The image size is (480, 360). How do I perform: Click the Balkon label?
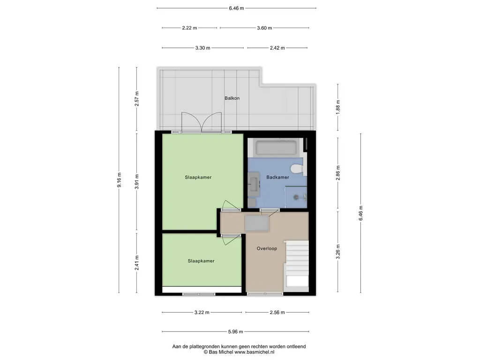click(x=232, y=98)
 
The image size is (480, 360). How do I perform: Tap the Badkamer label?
click(x=277, y=177)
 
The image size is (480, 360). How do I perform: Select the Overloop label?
click(x=267, y=248)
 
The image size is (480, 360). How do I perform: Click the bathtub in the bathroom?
click(x=276, y=148)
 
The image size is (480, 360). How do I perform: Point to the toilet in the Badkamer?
click(x=297, y=169)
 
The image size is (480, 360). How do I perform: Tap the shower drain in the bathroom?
click(x=296, y=197)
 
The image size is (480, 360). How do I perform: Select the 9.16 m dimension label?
click(x=119, y=180)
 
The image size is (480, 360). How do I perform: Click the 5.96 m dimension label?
click(x=235, y=331)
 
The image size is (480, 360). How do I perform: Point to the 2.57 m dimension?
click(x=137, y=98)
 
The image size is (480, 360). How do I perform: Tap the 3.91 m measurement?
click(x=137, y=181)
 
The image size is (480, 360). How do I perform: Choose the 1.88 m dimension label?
click(x=338, y=107)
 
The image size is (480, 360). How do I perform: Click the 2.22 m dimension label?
click(x=189, y=28)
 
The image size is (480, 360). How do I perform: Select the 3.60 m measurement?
click(x=264, y=28)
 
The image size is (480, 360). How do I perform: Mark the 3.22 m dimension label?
click(x=202, y=313)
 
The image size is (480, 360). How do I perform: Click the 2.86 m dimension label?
click(x=338, y=173)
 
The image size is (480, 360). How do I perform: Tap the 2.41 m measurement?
click(x=137, y=263)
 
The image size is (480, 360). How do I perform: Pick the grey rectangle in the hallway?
click(x=256, y=223)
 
